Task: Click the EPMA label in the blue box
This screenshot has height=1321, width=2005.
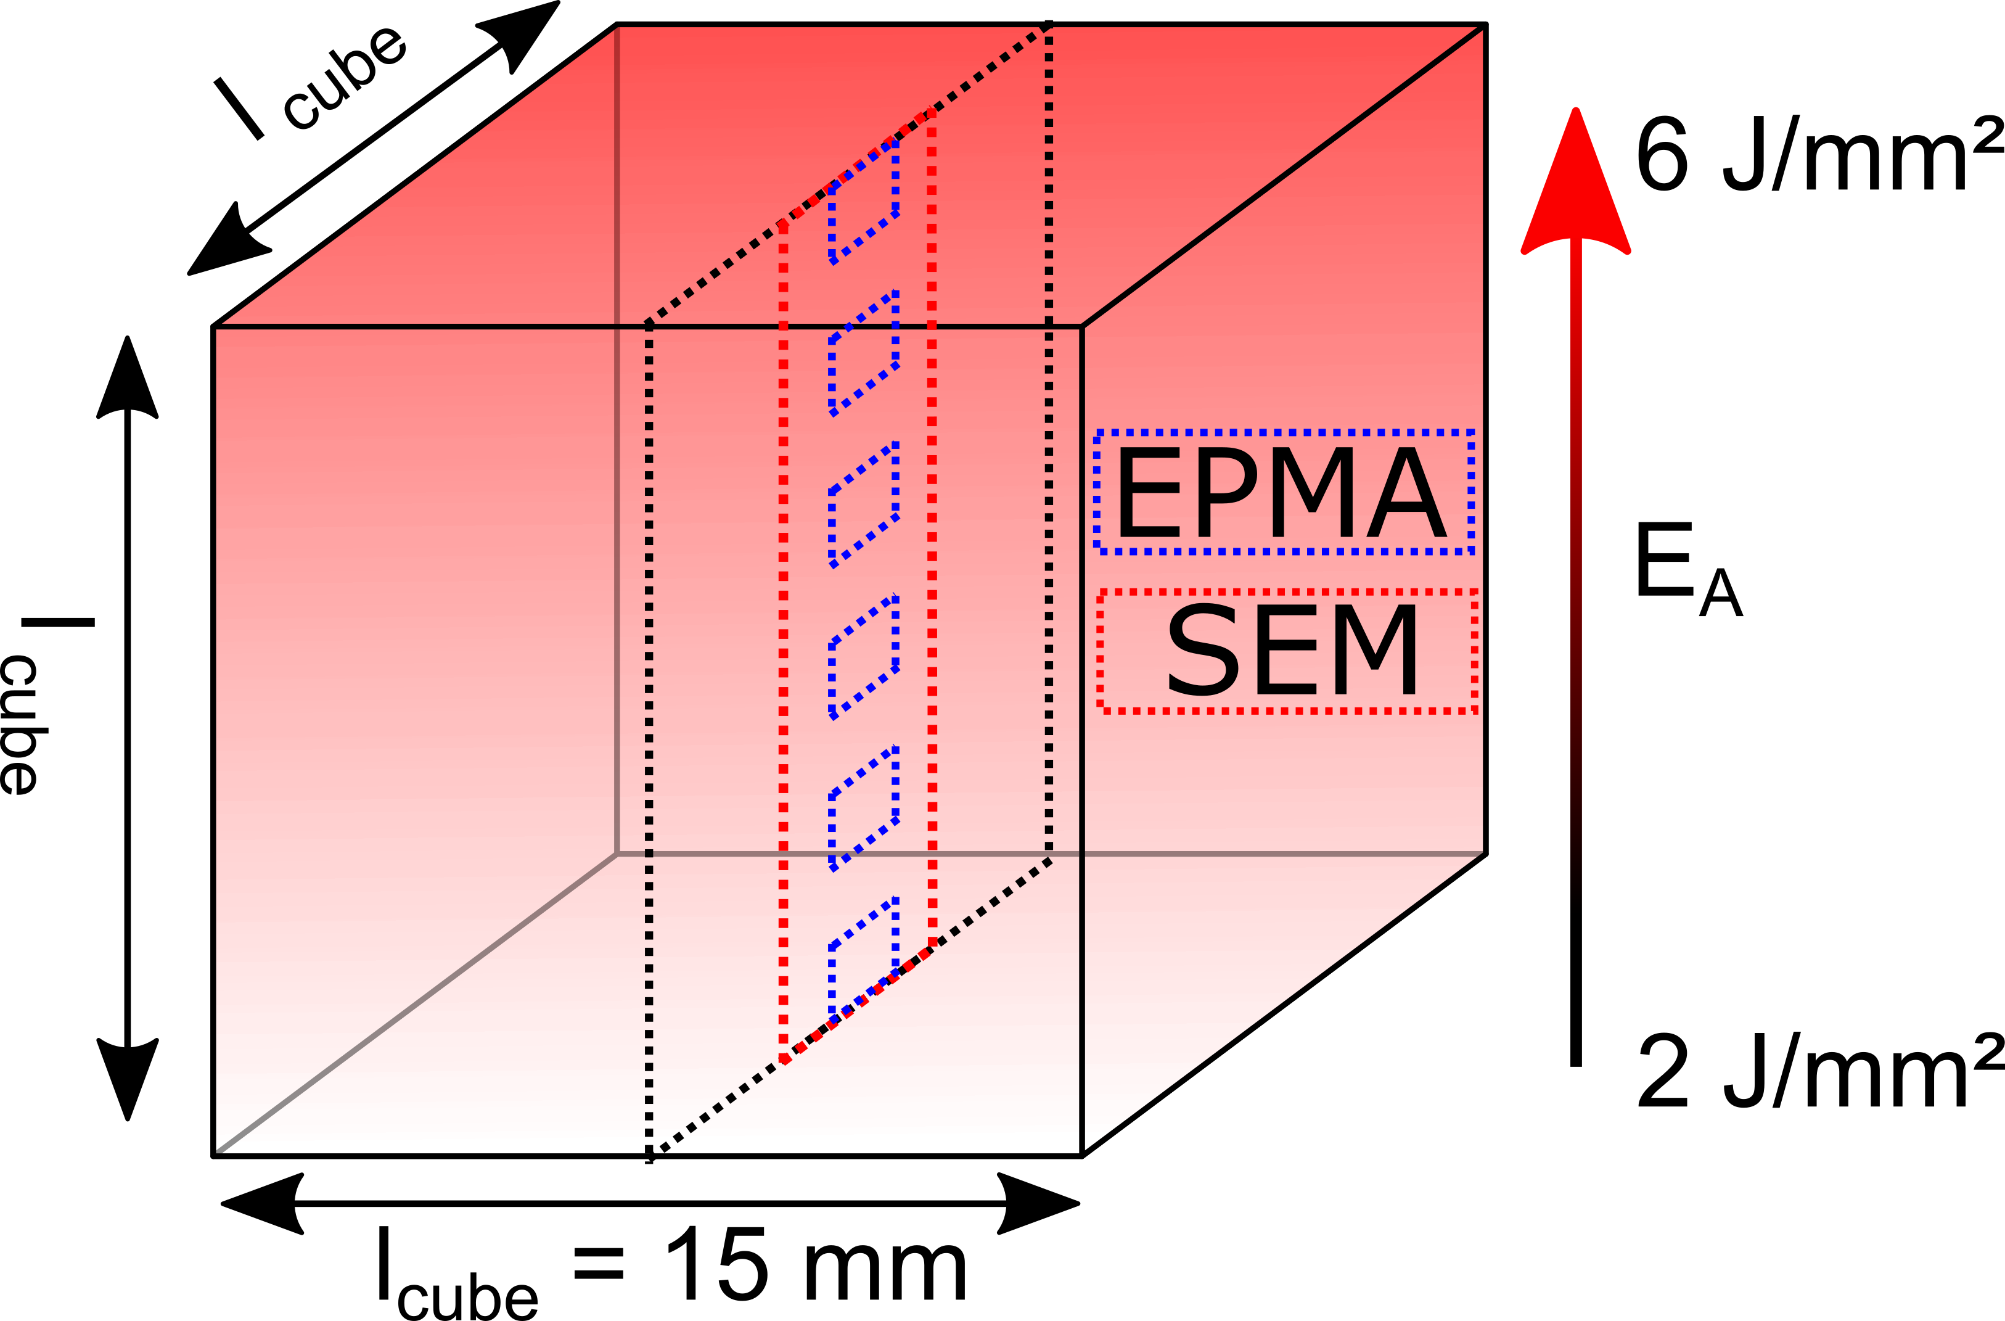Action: [x=1281, y=493]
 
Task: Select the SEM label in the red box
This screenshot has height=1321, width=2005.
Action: [x=1292, y=651]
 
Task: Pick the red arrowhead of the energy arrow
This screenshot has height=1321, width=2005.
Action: [x=1575, y=181]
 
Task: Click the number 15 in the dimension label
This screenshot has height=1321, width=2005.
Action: [x=716, y=1264]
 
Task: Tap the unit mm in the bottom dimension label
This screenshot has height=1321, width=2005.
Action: [x=885, y=1272]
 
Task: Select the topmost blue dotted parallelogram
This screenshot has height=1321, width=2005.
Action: [x=864, y=201]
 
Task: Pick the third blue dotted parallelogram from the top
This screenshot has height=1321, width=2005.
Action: [x=864, y=504]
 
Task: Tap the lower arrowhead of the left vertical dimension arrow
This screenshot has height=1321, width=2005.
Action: [x=127, y=1080]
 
